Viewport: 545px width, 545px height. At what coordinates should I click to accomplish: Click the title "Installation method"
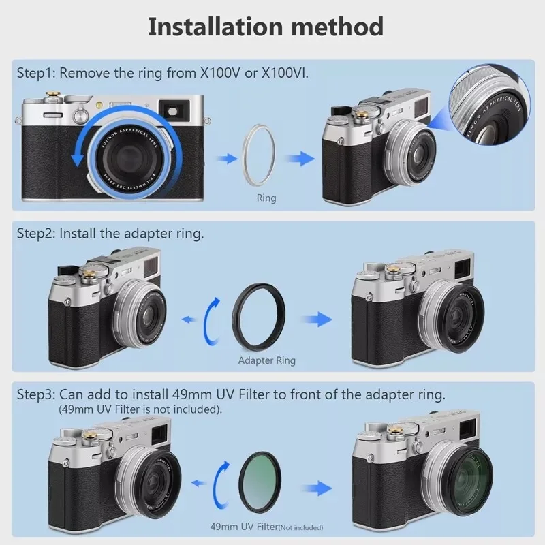(266, 27)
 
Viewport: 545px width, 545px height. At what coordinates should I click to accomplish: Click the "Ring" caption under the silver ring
(266, 198)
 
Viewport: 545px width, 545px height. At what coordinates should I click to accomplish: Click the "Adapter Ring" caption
(267, 360)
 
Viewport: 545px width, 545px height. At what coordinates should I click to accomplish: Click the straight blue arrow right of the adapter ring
(315, 320)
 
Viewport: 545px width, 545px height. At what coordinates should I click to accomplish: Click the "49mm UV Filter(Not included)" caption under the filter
(266, 527)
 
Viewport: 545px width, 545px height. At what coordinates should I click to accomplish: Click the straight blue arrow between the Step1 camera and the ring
(223, 157)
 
